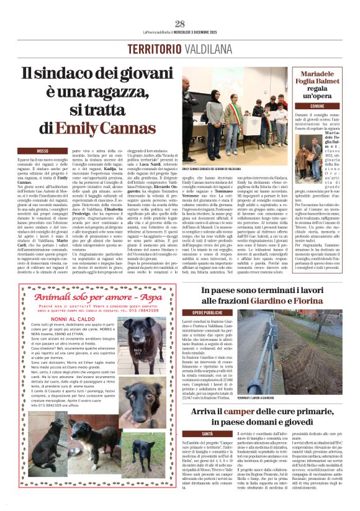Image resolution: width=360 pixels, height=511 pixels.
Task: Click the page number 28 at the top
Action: (180, 24)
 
